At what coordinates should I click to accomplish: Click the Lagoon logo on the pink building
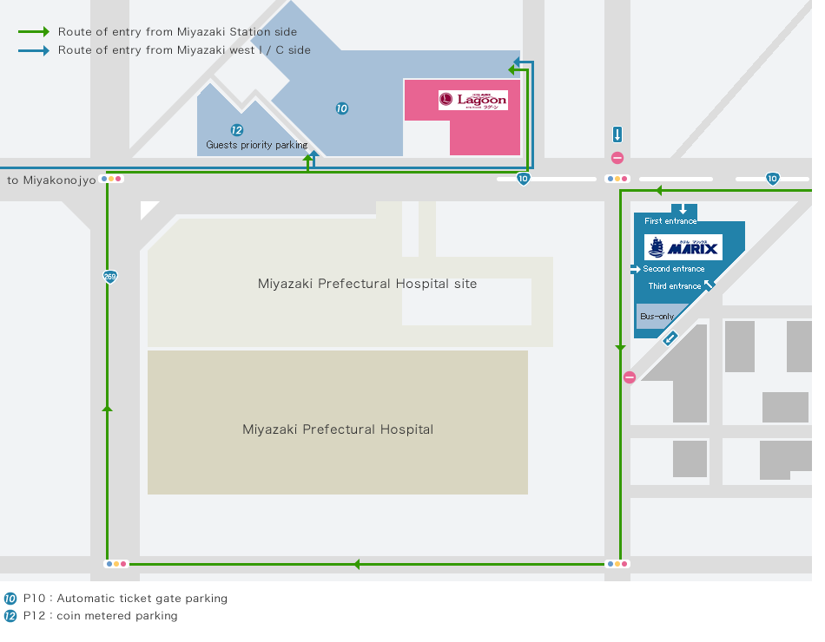(472, 101)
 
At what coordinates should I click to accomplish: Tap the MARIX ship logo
(683, 247)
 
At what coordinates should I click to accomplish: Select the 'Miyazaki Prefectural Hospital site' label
(367, 284)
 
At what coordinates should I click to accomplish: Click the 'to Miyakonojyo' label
(51, 180)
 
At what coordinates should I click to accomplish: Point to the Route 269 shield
(109, 277)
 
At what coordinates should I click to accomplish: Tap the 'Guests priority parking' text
(257, 145)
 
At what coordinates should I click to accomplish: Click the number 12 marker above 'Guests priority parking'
(237, 130)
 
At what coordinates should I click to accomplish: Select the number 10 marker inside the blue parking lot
(342, 108)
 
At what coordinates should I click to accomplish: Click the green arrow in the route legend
(34, 32)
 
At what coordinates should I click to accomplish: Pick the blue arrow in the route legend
(34, 50)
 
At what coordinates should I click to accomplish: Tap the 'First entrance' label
(670, 221)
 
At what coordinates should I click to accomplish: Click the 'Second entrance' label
(674, 269)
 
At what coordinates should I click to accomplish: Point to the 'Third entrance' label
(675, 286)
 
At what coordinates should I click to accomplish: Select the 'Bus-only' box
(657, 317)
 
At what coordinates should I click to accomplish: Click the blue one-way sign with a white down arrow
(617, 134)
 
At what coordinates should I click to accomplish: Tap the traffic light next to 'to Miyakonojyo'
(113, 179)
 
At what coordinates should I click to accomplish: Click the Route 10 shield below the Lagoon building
(523, 179)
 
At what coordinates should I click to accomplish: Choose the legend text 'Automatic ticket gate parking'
(142, 599)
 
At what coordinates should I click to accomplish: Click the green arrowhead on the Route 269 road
(108, 406)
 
